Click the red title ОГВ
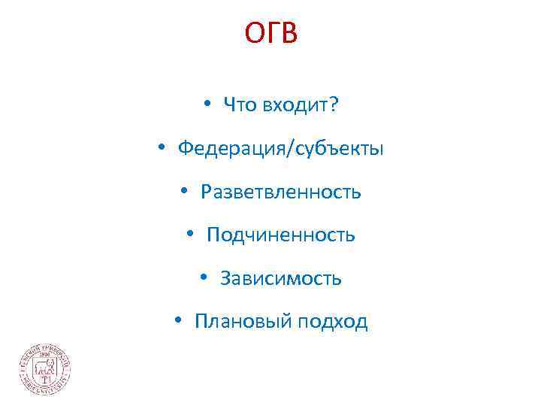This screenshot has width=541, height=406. pyautogui.click(x=270, y=34)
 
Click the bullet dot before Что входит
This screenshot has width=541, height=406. pyautogui.click(x=206, y=106)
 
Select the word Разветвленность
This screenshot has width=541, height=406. pyautogui.click(x=280, y=192)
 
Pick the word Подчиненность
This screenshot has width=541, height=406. pyautogui.click(x=280, y=235)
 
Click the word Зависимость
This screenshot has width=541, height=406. pyautogui.click(x=280, y=279)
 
